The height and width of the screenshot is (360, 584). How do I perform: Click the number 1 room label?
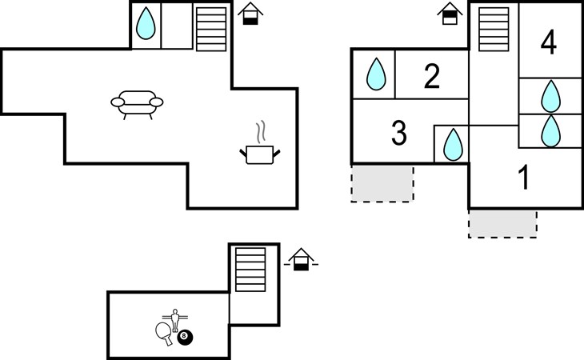(524, 178)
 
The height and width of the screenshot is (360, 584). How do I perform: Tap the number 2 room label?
(431, 77)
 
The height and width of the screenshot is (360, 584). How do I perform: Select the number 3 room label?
(399, 134)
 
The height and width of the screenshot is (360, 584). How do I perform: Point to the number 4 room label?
(548, 42)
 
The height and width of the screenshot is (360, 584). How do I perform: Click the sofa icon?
(136, 102)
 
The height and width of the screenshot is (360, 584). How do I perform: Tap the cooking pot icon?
(260, 150)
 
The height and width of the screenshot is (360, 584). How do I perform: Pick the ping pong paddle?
(164, 332)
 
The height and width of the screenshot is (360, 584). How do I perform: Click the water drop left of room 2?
(376, 75)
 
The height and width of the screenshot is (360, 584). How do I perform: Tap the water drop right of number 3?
(453, 146)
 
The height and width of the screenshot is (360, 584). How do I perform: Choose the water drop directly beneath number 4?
(550, 96)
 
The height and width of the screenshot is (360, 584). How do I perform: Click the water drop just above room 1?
(550, 131)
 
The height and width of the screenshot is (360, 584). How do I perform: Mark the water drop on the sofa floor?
(145, 23)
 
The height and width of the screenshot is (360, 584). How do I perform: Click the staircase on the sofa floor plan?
(211, 29)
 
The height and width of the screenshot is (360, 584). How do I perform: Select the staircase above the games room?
(250, 270)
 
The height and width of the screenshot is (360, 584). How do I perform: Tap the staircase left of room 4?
(494, 29)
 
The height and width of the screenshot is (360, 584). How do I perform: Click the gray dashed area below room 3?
(382, 184)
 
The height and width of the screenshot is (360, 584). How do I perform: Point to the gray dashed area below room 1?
(502, 224)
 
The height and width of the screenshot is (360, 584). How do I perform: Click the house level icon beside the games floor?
(301, 259)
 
